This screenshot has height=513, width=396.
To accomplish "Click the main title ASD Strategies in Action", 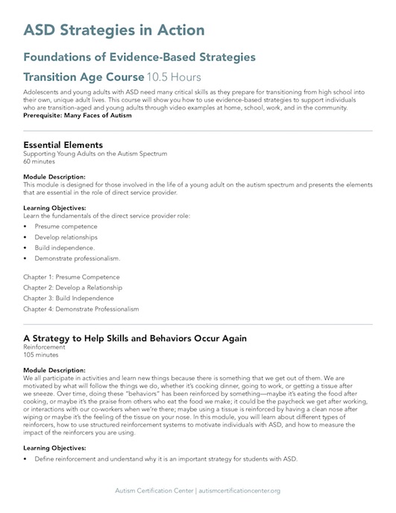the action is pyautogui.click(x=113, y=31).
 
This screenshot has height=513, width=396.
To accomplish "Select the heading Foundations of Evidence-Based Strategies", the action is pyautogui.click(x=140, y=57).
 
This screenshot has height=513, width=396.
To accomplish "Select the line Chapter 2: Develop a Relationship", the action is pyautogui.click(x=73, y=287).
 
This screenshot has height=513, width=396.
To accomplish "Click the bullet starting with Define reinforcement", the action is pyautogui.click(x=166, y=458).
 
